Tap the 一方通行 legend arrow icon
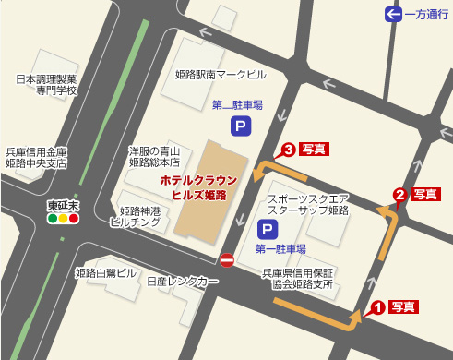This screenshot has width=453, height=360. [394, 14]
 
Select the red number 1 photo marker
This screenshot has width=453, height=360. [376, 308]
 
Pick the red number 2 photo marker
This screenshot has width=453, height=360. [399, 195]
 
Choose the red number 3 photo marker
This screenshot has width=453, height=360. [288, 149]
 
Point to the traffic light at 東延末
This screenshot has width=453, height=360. [64, 219]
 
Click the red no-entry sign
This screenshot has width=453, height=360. [227, 259]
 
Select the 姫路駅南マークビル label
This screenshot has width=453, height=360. [220, 74]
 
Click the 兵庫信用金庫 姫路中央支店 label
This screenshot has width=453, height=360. [37, 158]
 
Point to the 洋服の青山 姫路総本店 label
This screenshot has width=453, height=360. [154, 156]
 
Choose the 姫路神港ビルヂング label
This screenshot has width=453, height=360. [135, 217]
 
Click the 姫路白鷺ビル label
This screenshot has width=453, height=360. [105, 273]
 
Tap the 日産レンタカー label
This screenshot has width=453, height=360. [182, 281]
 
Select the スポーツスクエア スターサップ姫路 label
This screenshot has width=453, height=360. [308, 205]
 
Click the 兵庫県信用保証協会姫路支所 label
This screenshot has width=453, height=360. [297, 279]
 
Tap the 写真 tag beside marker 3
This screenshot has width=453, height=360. [315, 149]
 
